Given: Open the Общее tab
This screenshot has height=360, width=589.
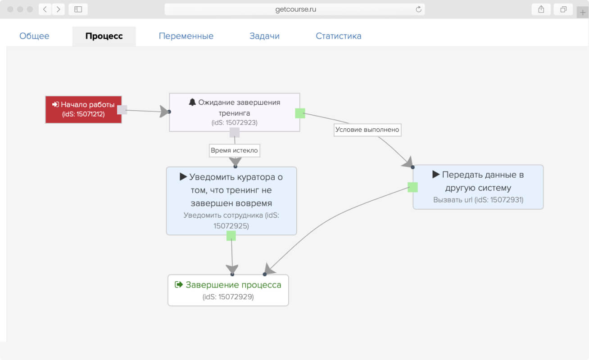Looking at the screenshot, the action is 34,36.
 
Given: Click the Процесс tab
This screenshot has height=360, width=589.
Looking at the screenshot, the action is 104,36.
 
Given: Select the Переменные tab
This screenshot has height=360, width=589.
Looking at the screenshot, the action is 186,36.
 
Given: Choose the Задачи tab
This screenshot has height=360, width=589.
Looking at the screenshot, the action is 264,36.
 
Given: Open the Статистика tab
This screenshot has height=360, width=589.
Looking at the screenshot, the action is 339,36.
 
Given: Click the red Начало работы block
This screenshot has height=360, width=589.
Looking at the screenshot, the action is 83,110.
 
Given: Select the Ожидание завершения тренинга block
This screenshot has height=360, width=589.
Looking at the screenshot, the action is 234,112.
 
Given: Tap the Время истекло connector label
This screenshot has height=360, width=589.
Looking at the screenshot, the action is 234,151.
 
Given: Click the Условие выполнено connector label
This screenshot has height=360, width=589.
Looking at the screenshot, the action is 367,130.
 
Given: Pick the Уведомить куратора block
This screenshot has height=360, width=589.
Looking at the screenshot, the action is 231,201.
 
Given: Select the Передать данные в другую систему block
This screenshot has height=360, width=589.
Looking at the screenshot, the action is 478,187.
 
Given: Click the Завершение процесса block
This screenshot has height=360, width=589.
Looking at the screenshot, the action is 228,290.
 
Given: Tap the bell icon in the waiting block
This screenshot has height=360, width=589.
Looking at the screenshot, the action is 192,102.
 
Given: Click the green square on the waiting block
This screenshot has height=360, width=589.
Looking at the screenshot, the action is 300,113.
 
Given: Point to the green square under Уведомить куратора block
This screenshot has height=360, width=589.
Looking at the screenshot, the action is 231,236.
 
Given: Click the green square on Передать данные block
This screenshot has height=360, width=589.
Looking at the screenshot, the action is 412,187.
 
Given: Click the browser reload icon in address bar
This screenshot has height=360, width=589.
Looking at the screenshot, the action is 418,9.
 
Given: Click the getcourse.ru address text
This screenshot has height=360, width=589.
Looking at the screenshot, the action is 295,9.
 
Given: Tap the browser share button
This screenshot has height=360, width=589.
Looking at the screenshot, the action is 541,9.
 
